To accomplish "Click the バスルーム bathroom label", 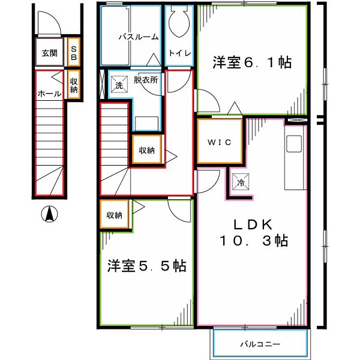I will tap(138, 37).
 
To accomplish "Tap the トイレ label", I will tap(179, 53).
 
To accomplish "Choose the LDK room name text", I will tap(253, 224).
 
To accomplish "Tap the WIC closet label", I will tap(219, 142).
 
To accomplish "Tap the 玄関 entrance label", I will tap(49, 53).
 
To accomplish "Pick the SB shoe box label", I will tap(73, 52).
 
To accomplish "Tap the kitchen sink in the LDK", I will tap(294, 145).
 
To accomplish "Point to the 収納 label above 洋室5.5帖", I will tap(115, 215).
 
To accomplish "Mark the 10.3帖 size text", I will tap(253, 241).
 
